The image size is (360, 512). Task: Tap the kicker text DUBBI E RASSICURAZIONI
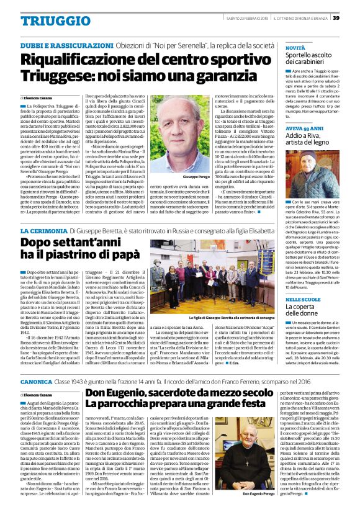[60, 47]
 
